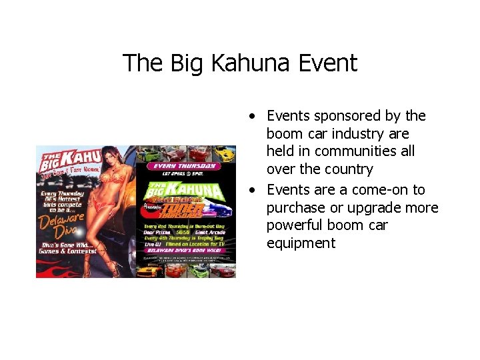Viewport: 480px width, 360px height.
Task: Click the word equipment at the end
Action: (x=301, y=243)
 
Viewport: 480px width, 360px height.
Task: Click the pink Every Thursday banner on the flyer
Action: (x=184, y=165)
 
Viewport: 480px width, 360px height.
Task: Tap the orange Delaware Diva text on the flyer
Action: (x=61, y=223)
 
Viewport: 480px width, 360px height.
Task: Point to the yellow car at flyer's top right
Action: (x=224, y=153)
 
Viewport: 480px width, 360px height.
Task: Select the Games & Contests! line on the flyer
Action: (x=68, y=251)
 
